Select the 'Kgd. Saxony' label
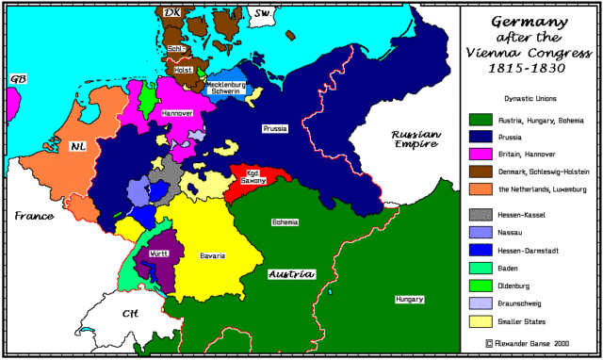(253, 175)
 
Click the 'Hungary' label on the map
(408, 299)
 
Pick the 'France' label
(33, 216)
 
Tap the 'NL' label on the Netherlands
(77, 146)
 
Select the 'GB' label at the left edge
(15, 79)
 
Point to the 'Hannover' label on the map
(177, 112)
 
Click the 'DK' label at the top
(171, 13)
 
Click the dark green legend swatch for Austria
(480, 120)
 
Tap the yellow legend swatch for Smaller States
(480, 320)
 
